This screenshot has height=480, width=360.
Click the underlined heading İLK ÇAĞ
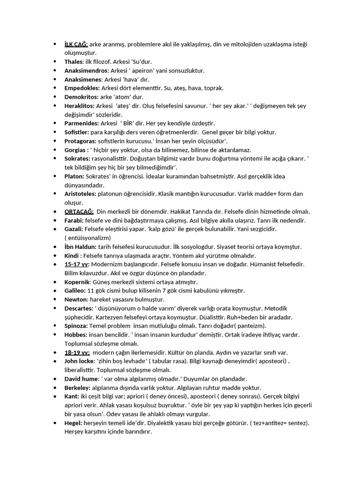tap(76, 44)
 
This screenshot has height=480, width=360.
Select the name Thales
tap(74, 62)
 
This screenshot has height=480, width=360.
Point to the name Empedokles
tap(82, 88)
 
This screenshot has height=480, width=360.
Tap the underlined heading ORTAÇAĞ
tap(79, 211)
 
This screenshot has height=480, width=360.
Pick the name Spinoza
tap(76, 326)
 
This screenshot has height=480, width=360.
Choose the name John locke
tap(80, 361)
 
